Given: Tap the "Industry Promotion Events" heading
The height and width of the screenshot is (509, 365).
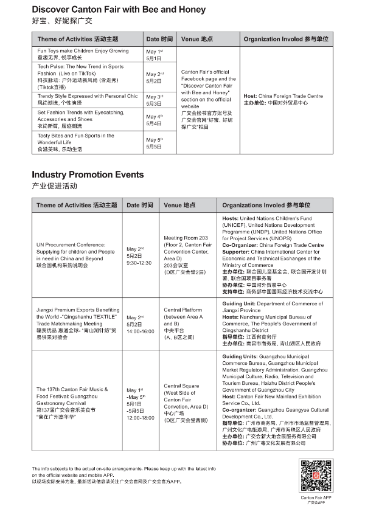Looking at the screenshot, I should (x=88, y=175).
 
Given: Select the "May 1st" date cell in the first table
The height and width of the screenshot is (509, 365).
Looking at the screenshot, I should (x=155, y=55).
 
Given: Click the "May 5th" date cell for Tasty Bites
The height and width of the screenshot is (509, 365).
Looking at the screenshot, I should (x=155, y=143).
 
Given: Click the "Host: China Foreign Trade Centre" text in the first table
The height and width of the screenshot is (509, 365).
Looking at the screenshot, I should (x=283, y=96).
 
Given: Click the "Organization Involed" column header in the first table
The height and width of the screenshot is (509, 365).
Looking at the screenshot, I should (x=286, y=39).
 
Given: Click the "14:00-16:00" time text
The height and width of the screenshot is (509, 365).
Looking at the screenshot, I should (x=139, y=332).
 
